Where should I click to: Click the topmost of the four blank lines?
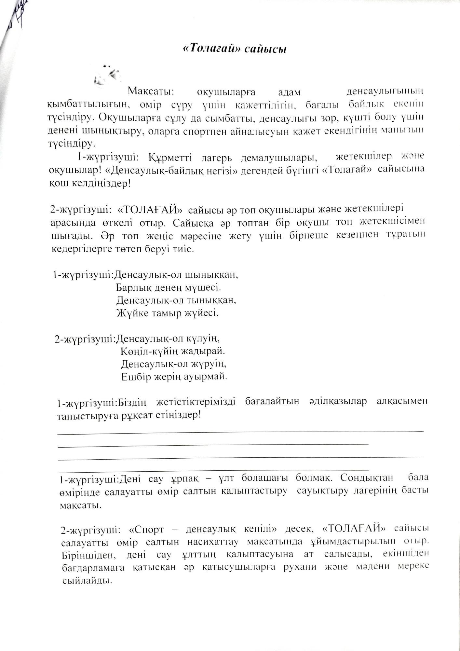(241, 432)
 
